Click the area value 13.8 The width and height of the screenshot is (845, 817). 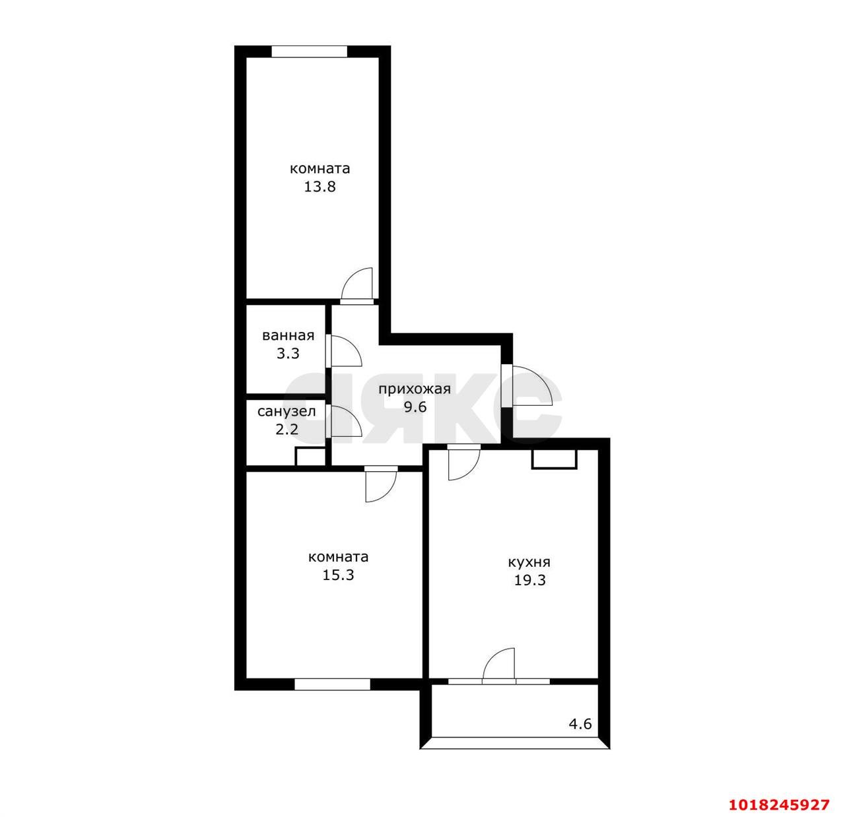[320, 187]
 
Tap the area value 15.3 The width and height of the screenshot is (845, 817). [338, 575]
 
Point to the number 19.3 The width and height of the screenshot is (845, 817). [529, 580]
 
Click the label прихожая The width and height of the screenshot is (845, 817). [415, 389]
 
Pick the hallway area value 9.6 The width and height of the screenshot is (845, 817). [415, 407]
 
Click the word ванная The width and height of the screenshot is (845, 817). [288, 335]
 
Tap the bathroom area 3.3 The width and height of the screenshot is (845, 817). [288, 353]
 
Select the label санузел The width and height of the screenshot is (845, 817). [286, 412]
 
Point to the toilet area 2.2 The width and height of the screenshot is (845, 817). [287, 430]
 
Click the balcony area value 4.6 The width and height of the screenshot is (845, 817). [580, 724]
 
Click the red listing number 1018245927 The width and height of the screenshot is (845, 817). [778, 804]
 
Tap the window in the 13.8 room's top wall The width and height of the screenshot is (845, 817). [309, 51]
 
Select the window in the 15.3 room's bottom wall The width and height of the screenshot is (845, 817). [332, 684]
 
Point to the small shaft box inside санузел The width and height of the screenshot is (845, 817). [310, 457]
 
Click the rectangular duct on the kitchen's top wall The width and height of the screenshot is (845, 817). [554, 459]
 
